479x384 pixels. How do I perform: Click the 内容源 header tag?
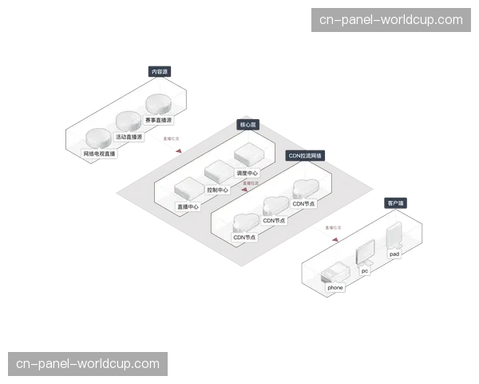(160, 72)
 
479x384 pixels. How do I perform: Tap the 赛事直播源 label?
(158, 121)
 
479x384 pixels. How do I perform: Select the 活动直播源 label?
(129, 137)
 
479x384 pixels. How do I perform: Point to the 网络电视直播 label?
(100, 153)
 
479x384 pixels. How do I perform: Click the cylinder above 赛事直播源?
(157, 105)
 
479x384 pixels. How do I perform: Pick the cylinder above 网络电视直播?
(99, 138)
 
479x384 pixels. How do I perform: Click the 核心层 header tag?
(248, 125)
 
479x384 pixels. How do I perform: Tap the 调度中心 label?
(247, 173)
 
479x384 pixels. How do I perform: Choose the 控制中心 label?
(217, 190)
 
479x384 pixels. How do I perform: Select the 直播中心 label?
(188, 207)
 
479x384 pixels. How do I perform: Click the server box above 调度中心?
(247, 156)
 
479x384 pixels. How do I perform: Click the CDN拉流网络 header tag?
(305, 156)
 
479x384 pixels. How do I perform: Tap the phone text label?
(335, 287)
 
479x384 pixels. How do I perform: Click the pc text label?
(365, 270)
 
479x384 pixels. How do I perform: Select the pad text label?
(394, 254)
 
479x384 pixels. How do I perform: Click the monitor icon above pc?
(365, 252)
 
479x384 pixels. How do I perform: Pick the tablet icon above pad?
(394, 235)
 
